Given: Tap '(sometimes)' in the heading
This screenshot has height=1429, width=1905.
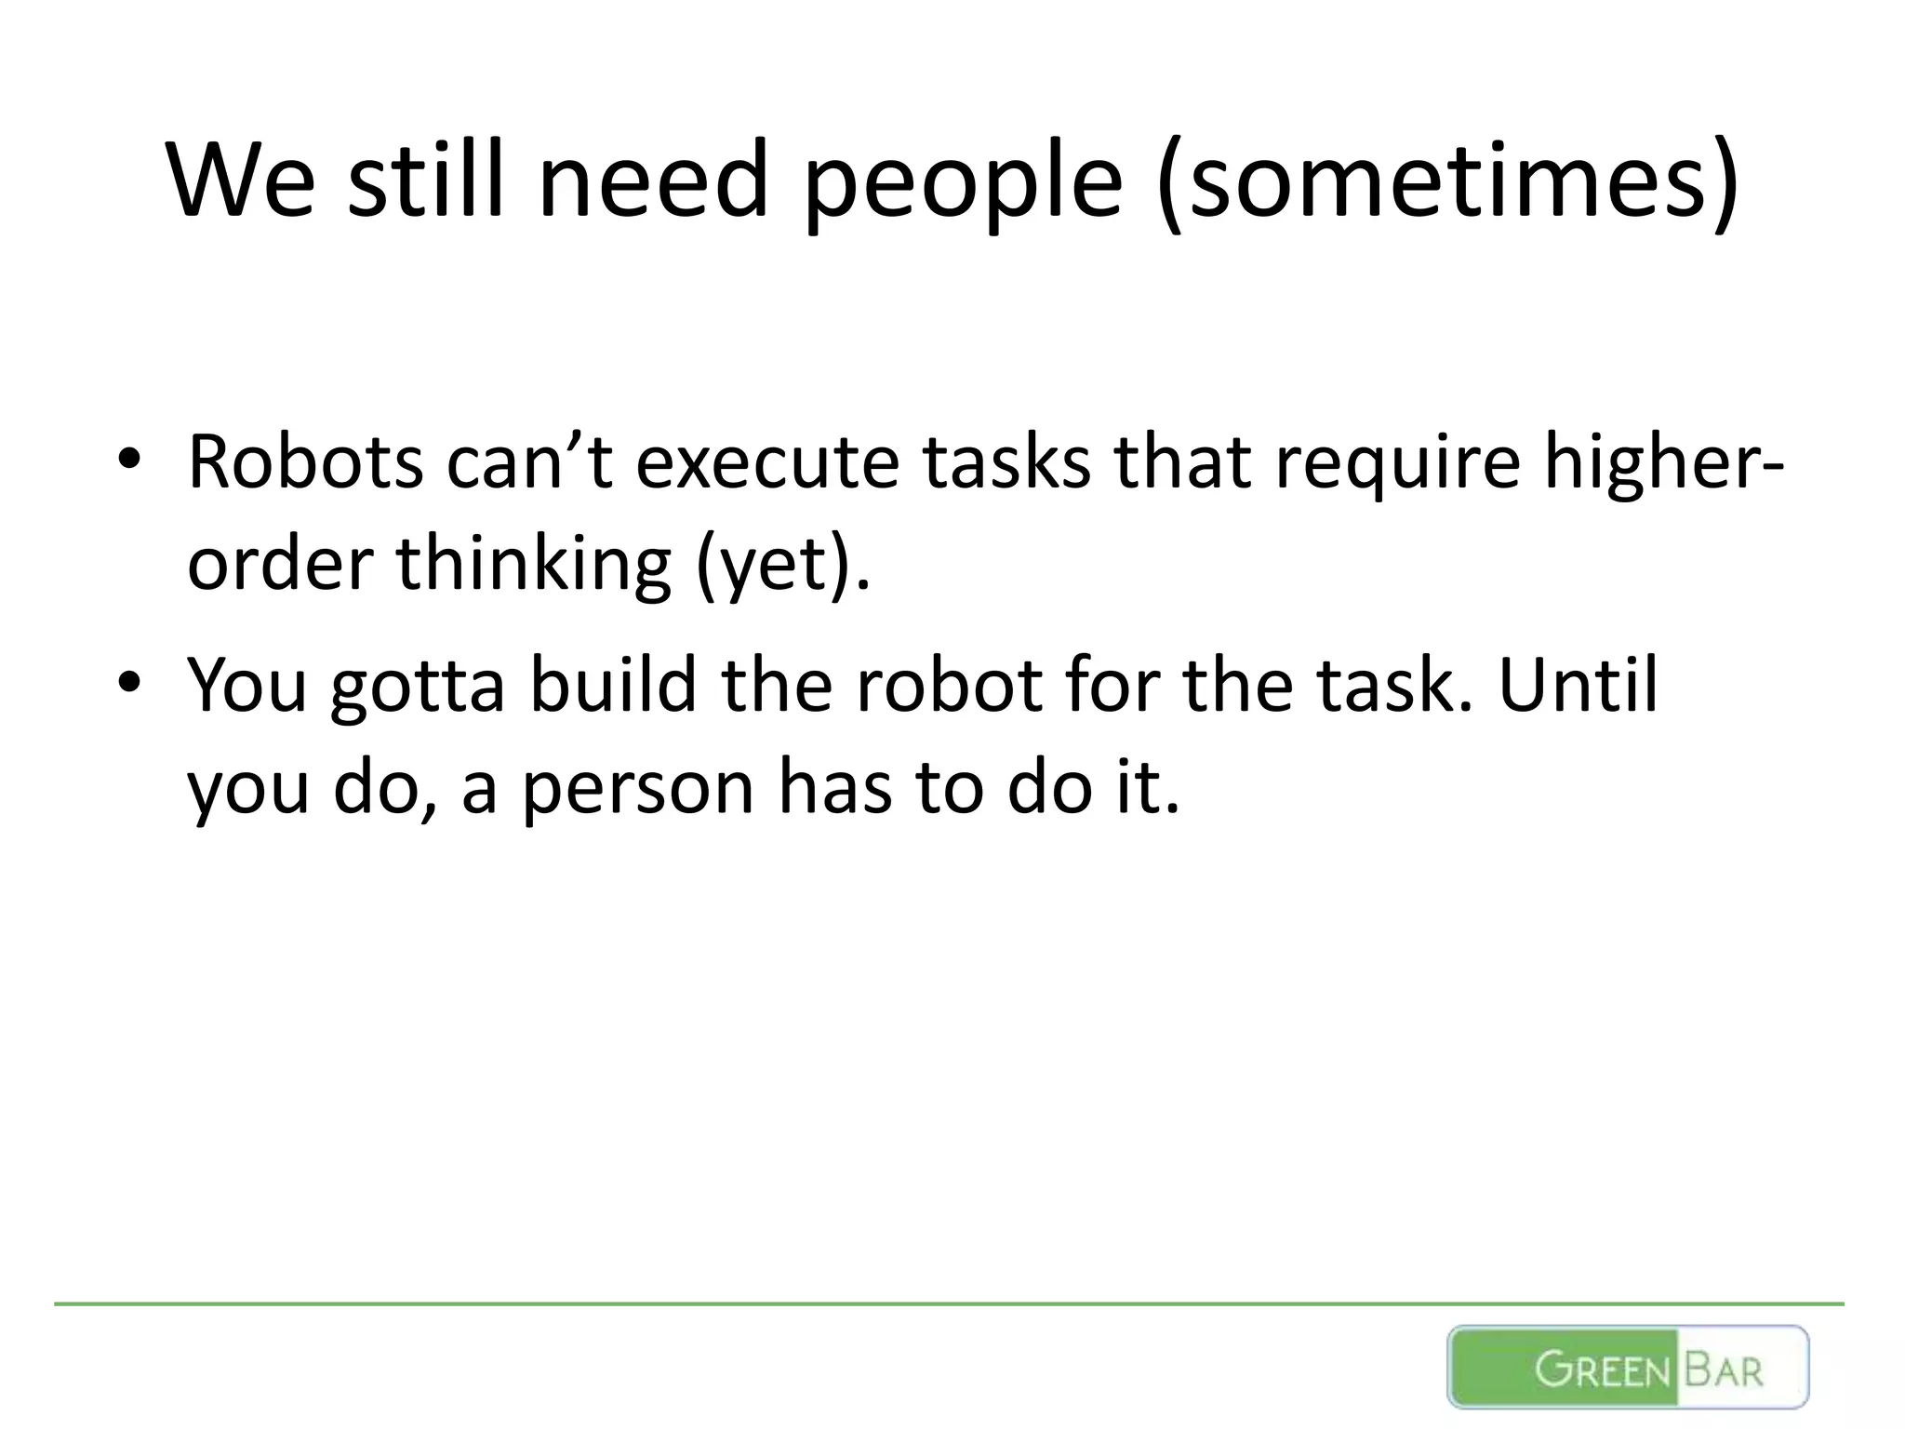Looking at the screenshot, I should tap(1446, 181).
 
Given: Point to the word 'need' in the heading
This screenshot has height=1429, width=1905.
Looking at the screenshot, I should tap(654, 181).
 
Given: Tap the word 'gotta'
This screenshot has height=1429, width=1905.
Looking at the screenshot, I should tap(418, 688).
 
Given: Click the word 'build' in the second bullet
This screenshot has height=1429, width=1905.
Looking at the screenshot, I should tap(613, 685).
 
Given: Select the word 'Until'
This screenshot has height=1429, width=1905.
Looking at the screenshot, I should tap(1578, 685).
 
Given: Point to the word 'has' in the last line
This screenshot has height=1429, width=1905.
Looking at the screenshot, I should tap(834, 787).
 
